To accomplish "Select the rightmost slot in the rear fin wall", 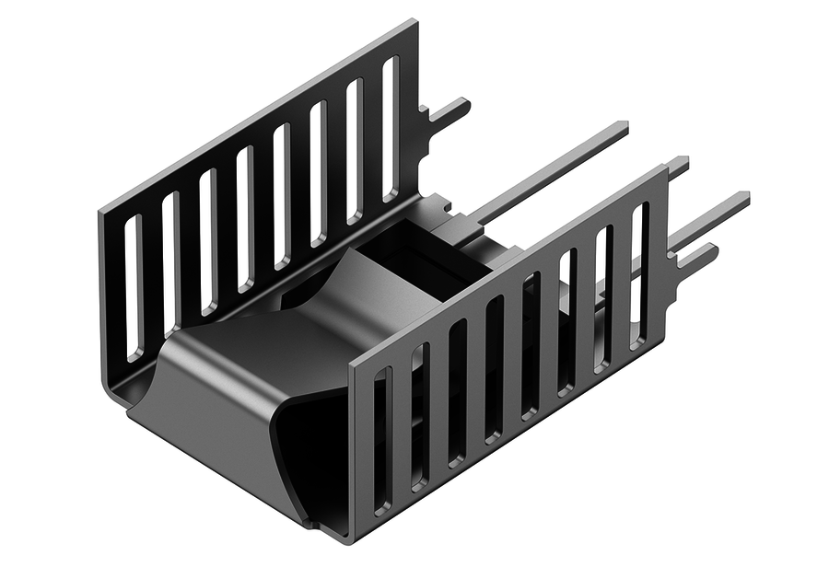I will click(391, 129).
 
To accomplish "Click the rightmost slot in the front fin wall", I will click(638, 276).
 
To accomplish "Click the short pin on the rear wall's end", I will click(449, 113).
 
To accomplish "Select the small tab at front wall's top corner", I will click(678, 168).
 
